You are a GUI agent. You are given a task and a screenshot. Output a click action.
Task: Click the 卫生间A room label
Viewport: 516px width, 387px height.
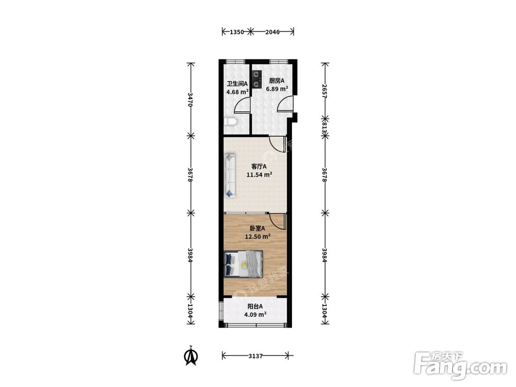237,84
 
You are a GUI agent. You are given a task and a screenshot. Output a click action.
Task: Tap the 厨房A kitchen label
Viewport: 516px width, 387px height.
277,80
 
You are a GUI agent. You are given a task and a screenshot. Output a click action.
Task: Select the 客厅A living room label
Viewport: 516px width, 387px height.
259,167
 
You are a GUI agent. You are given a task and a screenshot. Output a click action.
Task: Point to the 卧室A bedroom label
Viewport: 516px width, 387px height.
257,228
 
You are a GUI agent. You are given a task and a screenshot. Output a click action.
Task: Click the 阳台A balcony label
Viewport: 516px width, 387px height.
255,307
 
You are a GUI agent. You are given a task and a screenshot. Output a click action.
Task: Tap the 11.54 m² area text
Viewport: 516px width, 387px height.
260,175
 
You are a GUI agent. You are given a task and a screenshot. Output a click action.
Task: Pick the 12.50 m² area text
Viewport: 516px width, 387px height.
257,236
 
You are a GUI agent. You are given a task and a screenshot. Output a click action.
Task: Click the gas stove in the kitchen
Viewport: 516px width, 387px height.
256,80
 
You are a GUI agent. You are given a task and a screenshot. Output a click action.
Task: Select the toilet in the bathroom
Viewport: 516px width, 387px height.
231,122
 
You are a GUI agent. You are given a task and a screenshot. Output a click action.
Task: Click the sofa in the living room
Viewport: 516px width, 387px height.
230,176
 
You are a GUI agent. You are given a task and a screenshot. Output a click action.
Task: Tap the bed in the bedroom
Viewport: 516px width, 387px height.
244,264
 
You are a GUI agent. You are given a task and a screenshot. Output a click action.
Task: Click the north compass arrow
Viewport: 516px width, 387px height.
190,355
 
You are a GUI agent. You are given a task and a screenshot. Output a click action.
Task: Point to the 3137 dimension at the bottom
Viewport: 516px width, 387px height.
255,356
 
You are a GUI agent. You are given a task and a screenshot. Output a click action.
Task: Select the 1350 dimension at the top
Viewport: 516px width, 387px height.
237,32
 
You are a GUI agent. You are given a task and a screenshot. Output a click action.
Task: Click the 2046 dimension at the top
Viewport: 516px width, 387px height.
272,32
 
